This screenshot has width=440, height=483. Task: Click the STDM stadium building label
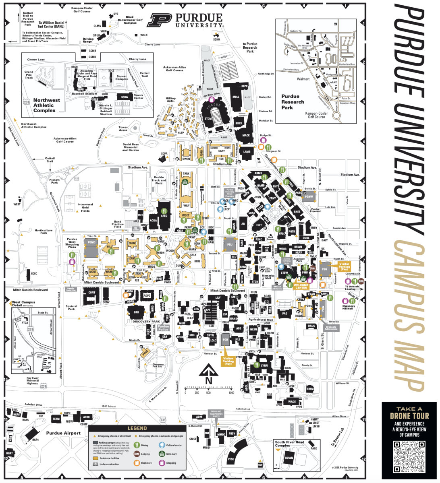coord(208,119)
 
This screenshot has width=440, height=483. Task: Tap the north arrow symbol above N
coord(208,370)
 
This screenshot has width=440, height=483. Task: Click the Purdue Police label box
coord(163,328)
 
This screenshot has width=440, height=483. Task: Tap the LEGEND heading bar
coord(137,428)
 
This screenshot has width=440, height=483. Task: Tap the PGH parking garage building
coord(225,340)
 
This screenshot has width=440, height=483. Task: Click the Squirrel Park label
coord(71,308)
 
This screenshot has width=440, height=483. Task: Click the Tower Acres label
coord(123,129)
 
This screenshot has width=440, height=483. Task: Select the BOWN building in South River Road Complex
coord(288,458)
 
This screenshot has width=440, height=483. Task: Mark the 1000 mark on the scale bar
coord(231,392)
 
